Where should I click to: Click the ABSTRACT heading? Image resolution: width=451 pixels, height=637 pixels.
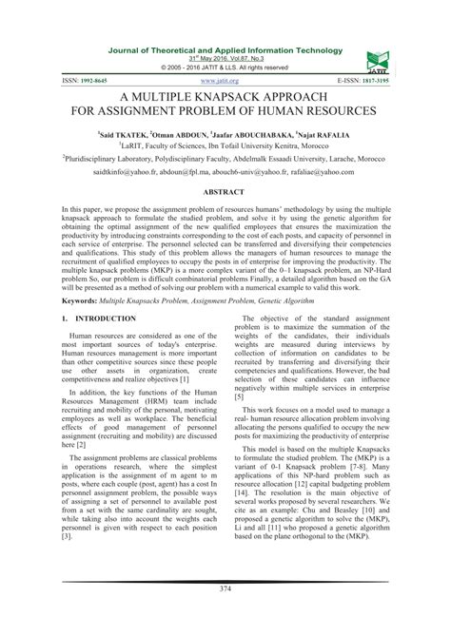225,191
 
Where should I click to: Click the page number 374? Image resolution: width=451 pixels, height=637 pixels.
225,614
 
